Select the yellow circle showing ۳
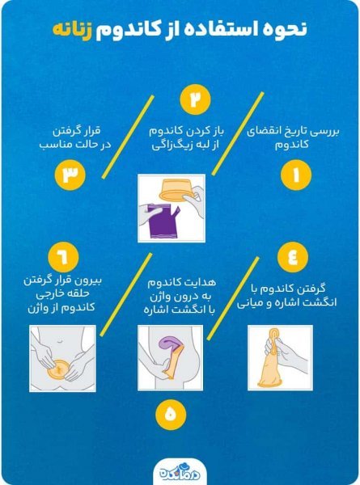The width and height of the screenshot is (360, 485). tap(70, 175)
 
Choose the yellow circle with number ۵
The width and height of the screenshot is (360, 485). tap(169, 414)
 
